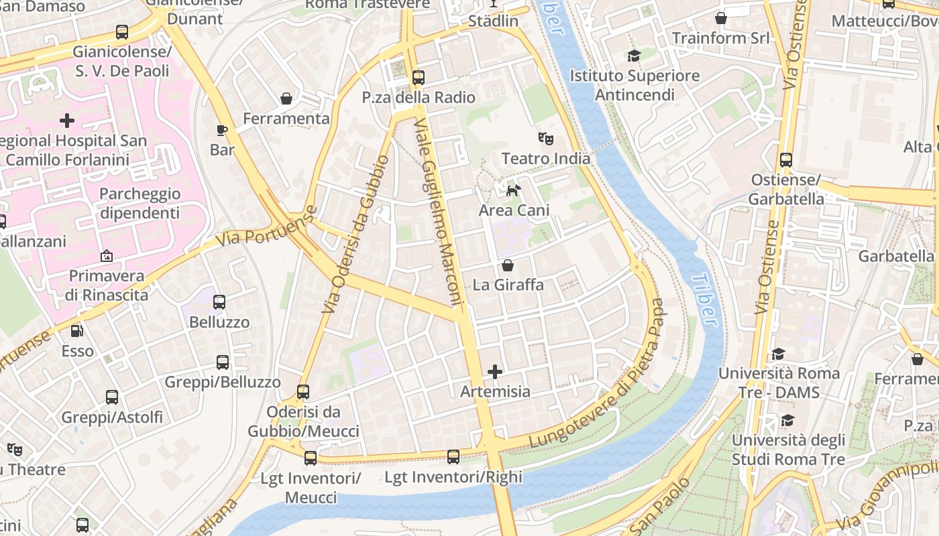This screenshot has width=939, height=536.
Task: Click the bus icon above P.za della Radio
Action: click(x=419, y=77)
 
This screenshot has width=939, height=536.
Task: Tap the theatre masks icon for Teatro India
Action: click(x=546, y=139)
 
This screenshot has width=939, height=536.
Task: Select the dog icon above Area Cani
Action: click(x=513, y=191)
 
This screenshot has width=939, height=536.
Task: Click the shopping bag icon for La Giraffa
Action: click(x=508, y=265)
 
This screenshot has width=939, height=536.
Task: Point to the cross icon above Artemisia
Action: click(x=495, y=372)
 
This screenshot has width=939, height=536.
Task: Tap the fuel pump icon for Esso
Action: click(x=77, y=330)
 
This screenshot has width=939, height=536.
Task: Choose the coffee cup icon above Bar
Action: click(x=222, y=130)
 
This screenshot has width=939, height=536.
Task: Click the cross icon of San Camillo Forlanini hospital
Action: click(x=67, y=121)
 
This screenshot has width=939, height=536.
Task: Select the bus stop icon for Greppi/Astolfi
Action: click(x=112, y=397)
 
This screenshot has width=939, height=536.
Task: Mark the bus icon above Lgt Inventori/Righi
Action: click(x=453, y=457)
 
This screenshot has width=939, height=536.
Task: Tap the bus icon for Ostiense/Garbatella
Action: click(x=786, y=160)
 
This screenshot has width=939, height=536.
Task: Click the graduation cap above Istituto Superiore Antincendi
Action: click(x=634, y=56)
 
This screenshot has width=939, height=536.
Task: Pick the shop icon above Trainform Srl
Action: click(x=721, y=18)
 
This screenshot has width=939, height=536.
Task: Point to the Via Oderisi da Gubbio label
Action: click(x=355, y=234)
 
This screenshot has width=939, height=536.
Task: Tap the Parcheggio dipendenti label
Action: click(x=140, y=203)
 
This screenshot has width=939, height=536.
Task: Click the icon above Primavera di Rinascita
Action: click(x=106, y=256)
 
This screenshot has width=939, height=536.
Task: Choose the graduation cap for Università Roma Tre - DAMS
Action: click(x=778, y=353)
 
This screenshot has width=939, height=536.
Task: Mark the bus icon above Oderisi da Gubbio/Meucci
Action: click(x=303, y=391)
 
